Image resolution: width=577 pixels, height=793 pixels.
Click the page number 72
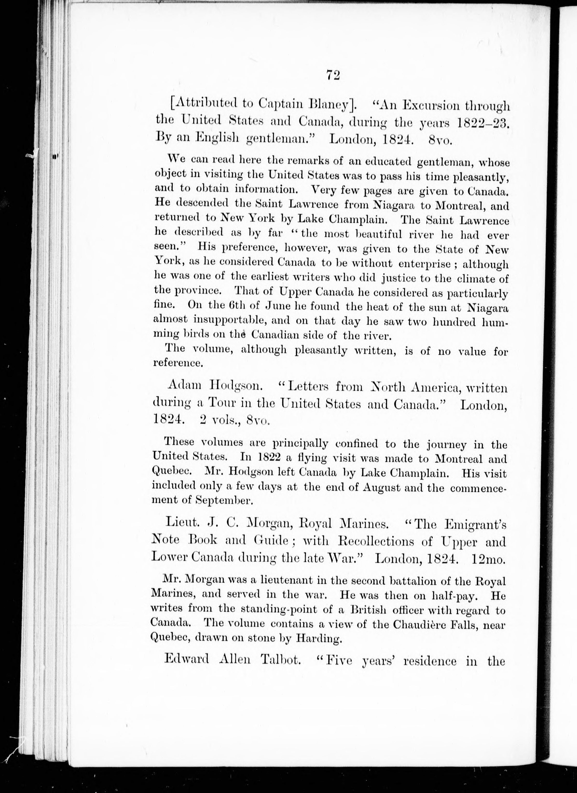(x=333, y=75)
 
